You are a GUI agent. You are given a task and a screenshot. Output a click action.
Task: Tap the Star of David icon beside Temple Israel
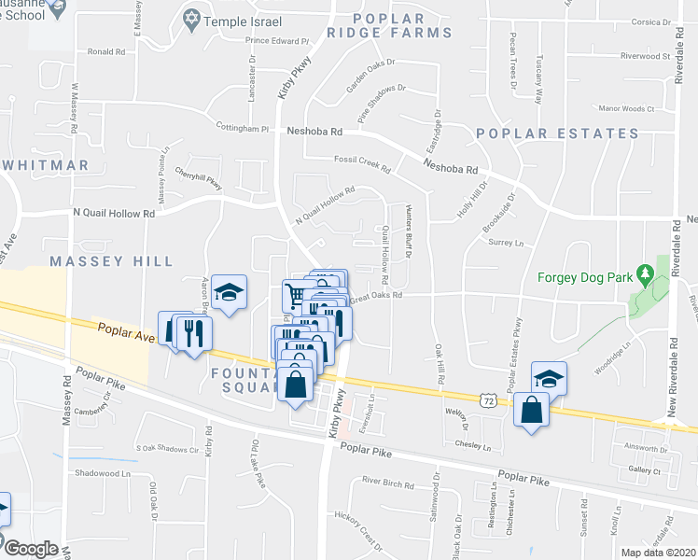[193, 19]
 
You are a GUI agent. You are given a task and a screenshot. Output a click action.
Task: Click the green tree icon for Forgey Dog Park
[643, 274]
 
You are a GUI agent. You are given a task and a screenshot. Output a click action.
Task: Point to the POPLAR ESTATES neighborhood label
[558, 133]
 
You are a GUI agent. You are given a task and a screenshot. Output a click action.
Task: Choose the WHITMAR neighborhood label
[46, 165]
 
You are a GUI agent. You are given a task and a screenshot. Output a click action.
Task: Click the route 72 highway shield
[488, 399]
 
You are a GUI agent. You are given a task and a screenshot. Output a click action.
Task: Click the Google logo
[31, 549]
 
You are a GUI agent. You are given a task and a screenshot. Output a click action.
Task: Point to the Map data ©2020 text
[659, 553]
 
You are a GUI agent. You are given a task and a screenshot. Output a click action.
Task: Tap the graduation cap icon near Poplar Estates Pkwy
[549, 378]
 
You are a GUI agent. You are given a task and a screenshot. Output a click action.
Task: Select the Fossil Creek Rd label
[362, 162]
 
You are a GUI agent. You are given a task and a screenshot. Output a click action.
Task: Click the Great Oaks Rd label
[378, 296]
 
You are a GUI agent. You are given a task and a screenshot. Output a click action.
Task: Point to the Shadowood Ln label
[104, 473]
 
